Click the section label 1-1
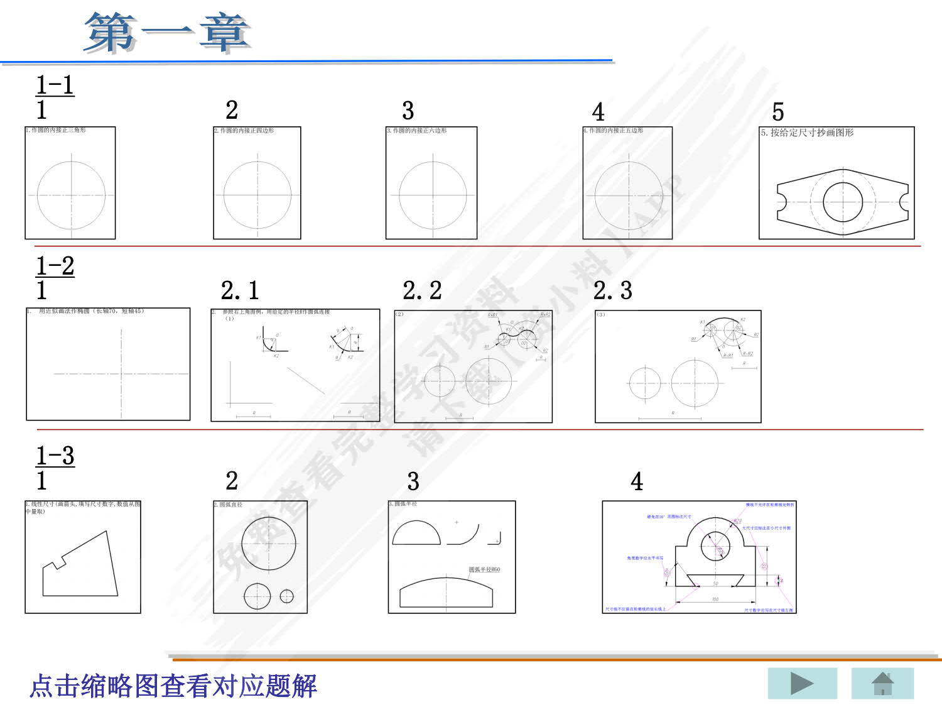(55, 85)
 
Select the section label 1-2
(55, 266)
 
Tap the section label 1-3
(55, 456)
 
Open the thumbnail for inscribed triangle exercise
(70, 183)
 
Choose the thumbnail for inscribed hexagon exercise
(431, 183)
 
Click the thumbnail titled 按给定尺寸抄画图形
(836, 183)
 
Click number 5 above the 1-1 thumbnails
(778, 112)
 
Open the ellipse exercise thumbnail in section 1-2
(108, 364)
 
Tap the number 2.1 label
(240, 290)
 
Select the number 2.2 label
(422, 290)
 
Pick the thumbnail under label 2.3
(678, 366)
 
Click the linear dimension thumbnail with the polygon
(83, 557)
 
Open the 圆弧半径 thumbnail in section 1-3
(452, 557)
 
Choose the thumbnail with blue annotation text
(699, 557)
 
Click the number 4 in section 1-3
(637, 481)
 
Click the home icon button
(882, 684)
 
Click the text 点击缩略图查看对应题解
(173, 686)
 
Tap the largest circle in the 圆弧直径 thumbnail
(269, 543)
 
